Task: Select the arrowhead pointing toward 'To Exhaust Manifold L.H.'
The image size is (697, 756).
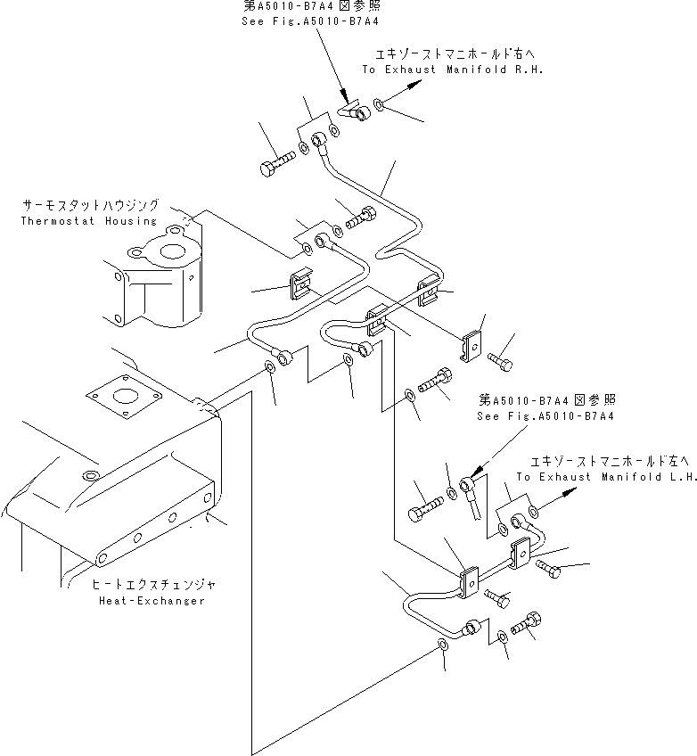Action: (570, 502)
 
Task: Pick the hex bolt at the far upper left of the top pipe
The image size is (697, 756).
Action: (271, 166)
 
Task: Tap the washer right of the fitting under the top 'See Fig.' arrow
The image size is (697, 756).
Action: (380, 106)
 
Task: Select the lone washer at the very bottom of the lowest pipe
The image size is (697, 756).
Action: (443, 647)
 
